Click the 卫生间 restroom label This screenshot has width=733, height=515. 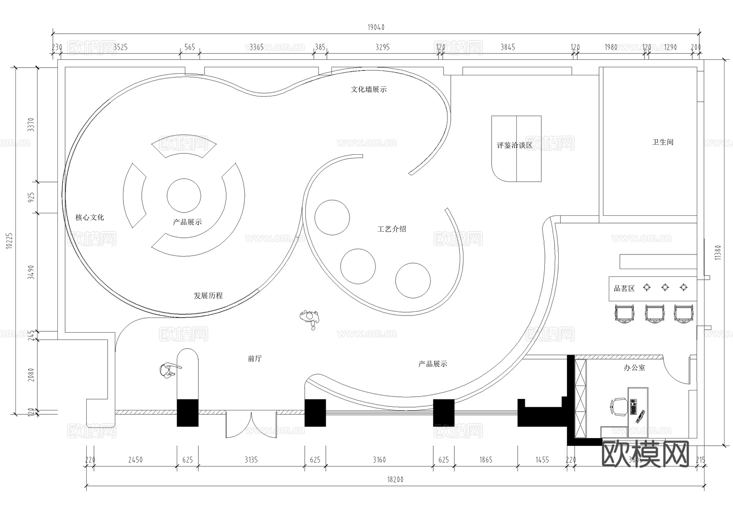[663, 142]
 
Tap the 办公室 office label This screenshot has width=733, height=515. [634, 368]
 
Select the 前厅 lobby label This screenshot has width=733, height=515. [255, 359]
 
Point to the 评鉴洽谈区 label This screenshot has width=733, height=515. [514, 145]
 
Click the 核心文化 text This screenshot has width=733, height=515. [90, 217]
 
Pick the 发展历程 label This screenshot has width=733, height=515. [208, 296]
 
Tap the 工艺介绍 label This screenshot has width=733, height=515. [392, 229]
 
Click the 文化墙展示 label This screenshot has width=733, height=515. [369, 89]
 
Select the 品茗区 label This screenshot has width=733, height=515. [624, 289]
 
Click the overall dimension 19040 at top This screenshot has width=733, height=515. [376, 27]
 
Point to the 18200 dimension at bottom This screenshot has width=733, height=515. [395, 479]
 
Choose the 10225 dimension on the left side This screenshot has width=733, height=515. [9, 242]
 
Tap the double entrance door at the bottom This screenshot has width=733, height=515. [251, 425]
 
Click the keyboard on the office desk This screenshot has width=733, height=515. [633, 407]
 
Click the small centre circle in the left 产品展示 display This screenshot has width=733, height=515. [184, 195]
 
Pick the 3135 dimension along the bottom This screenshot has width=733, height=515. [251, 460]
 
